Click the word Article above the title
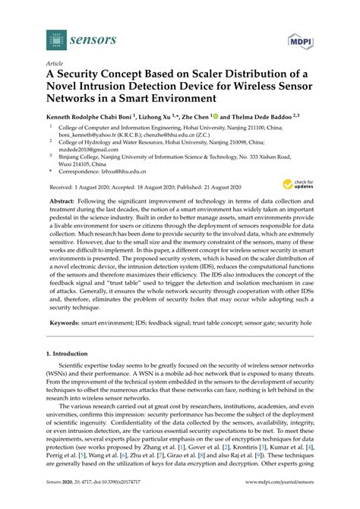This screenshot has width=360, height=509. pos(55,65)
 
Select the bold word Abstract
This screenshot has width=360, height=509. pos(62,225)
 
